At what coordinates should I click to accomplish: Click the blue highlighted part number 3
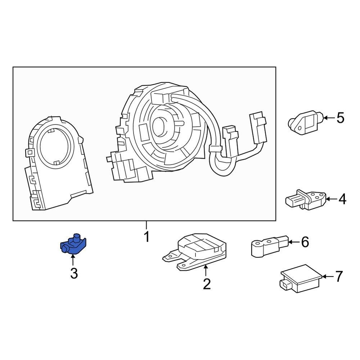(74, 244)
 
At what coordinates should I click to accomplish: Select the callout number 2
(206, 284)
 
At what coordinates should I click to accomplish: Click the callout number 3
(73, 274)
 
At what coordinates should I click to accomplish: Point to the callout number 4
(342, 199)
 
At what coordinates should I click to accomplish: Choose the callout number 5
(340, 118)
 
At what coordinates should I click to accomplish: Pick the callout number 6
(305, 242)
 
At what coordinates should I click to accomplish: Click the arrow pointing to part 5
(328, 118)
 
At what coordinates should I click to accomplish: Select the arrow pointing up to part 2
(206, 270)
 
